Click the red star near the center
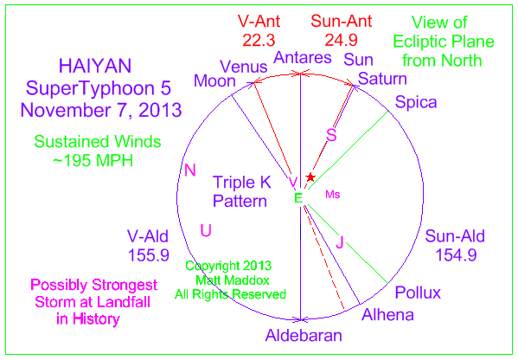pyautogui.click(x=310, y=177)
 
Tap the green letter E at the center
pyautogui.click(x=298, y=198)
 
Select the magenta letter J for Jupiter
pyautogui.click(x=340, y=241)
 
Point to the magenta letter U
pyautogui.click(x=206, y=230)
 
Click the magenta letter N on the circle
pyautogui.click(x=190, y=170)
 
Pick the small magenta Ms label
pyautogui.click(x=333, y=195)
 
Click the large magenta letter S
pyautogui.click(x=331, y=135)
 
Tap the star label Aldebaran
pyautogui.click(x=304, y=335)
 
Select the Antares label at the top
pyautogui.click(x=303, y=57)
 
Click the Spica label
pyautogui.click(x=416, y=102)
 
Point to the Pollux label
pyautogui.click(x=418, y=292)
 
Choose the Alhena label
pyautogui.click(x=387, y=315)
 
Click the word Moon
pyautogui.click(x=214, y=81)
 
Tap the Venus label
pyautogui.click(x=244, y=67)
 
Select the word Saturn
pyautogui.click(x=382, y=79)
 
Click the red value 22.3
pyautogui.click(x=259, y=41)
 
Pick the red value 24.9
pyautogui.click(x=341, y=41)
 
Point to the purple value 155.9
pyautogui.click(x=149, y=255)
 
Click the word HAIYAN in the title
pyautogui.click(x=95, y=66)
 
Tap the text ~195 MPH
pyautogui.click(x=93, y=161)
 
